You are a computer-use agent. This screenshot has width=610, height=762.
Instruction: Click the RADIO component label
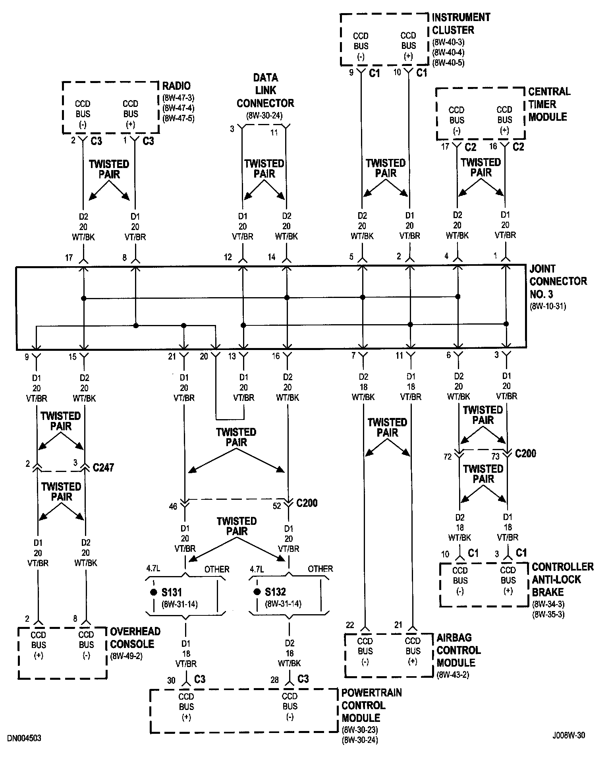(176, 86)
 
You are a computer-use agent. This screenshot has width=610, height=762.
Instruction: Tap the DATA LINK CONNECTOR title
(265, 91)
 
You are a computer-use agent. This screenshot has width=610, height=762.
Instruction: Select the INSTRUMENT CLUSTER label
(461, 23)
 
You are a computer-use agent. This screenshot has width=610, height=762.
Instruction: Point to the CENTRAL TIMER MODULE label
(549, 104)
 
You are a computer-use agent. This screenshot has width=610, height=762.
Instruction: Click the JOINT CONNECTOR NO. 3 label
(558, 281)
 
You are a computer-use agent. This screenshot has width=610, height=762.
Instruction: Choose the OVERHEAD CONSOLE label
(135, 637)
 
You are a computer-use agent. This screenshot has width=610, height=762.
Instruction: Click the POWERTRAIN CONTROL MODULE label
(371, 705)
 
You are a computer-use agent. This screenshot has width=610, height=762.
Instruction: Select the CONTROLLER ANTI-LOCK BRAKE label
(562, 579)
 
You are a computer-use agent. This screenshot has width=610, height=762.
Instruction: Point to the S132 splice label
(275, 592)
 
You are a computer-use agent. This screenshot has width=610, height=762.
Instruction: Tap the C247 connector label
(103, 468)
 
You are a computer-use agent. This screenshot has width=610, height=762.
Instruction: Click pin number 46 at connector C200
(173, 506)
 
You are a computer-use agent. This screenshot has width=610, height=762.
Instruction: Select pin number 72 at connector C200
(448, 456)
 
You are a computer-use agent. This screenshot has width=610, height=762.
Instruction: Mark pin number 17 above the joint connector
(69, 258)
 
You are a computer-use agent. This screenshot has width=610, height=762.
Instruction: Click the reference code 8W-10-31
(548, 306)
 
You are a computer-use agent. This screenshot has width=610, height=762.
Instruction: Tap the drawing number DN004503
(24, 738)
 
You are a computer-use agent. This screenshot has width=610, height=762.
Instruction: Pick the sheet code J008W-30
(568, 735)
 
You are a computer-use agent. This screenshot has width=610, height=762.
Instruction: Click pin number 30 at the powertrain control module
(171, 681)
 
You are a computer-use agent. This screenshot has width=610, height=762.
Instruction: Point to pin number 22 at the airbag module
(349, 625)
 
